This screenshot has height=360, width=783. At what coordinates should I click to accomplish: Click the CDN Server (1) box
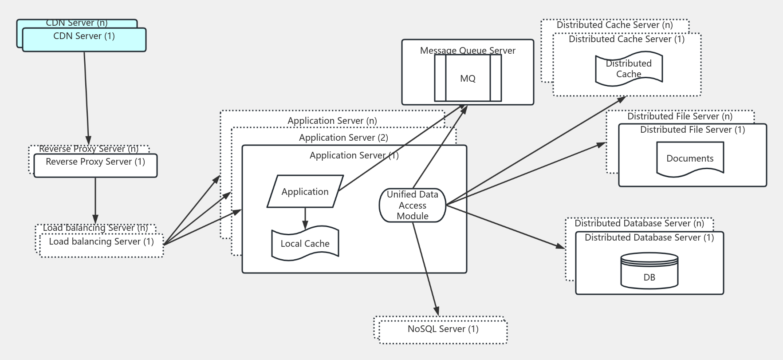84,40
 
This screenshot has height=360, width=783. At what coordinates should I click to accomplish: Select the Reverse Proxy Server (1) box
95,166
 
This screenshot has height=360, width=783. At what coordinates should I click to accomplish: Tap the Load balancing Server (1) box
101,245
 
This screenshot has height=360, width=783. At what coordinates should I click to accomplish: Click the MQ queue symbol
468,79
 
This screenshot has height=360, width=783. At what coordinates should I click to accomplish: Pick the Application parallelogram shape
305,191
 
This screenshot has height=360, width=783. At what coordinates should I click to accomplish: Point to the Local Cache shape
305,243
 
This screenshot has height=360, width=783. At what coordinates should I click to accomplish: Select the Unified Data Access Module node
413,205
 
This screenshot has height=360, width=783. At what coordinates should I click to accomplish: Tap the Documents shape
690,158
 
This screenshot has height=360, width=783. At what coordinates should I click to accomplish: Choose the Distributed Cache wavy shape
629,69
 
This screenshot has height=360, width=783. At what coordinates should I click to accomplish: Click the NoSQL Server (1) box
443,330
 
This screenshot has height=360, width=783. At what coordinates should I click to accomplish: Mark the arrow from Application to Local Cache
305,218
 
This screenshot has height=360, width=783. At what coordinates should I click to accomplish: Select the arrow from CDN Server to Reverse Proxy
87,98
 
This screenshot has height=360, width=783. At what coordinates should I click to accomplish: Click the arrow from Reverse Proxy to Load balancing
95,200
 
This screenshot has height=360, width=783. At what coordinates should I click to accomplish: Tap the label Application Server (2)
343,138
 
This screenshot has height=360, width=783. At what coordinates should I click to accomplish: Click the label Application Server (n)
332,121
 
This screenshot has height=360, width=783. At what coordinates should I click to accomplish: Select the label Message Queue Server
468,50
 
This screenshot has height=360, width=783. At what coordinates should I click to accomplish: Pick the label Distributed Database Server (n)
639,223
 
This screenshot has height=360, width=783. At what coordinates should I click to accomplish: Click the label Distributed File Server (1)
692,130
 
